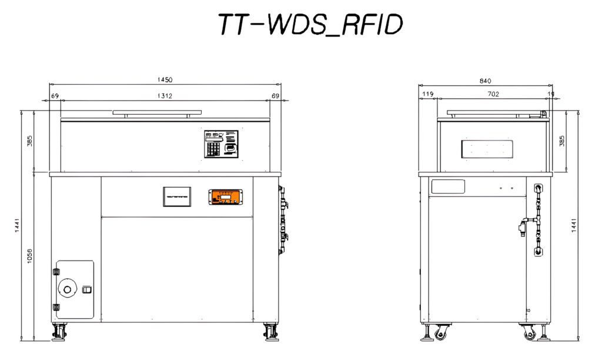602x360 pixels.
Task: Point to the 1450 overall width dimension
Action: (x=165, y=79)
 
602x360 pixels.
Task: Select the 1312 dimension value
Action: (x=165, y=95)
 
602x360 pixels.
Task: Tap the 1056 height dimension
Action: (x=29, y=256)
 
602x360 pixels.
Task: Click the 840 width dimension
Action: (x=485, y=81)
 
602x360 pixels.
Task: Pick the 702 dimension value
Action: (x=493, y=94)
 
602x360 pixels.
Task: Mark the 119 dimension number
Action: (x=427, y=94)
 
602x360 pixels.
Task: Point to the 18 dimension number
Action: (x=551, y=94)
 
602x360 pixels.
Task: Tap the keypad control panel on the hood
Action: (x=222, y=144)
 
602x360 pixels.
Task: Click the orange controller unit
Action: (x=225, y=197)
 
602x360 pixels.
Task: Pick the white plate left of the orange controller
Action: (x=177, y=196)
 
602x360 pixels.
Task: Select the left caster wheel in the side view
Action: (x=439, y=335)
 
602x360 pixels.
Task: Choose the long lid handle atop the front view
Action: (x=158, y=111)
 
